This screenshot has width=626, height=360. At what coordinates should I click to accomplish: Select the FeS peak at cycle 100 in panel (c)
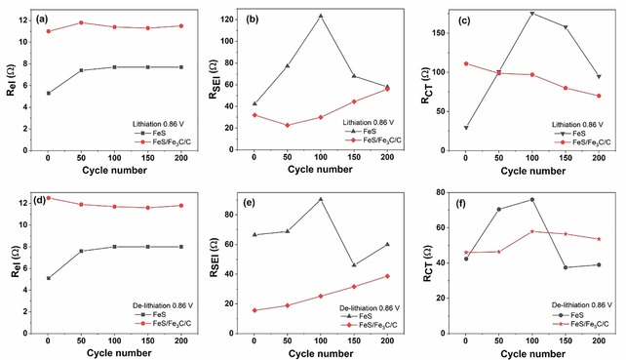coord(531,13)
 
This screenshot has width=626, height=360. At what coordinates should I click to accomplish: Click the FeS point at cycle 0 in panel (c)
coord(465,128)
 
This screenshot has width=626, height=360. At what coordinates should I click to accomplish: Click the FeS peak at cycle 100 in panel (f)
coord(531,200)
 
